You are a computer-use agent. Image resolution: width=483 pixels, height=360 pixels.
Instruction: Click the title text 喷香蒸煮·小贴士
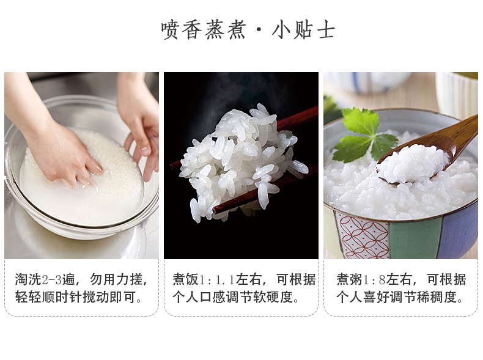click(248, 30)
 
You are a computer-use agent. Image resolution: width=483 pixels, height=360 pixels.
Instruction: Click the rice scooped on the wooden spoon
click(413, 163)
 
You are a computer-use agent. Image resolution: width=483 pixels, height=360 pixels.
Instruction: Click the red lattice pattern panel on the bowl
click(364, 235)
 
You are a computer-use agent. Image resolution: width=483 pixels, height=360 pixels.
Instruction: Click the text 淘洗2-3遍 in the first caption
click(45, 279)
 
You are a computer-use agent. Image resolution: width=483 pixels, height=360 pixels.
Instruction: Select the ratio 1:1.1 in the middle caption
click(217, 280)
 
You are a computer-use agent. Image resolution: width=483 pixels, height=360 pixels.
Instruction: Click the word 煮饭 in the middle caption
click(186, 279)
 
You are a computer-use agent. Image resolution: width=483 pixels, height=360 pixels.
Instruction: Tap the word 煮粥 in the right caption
click(350, 279)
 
